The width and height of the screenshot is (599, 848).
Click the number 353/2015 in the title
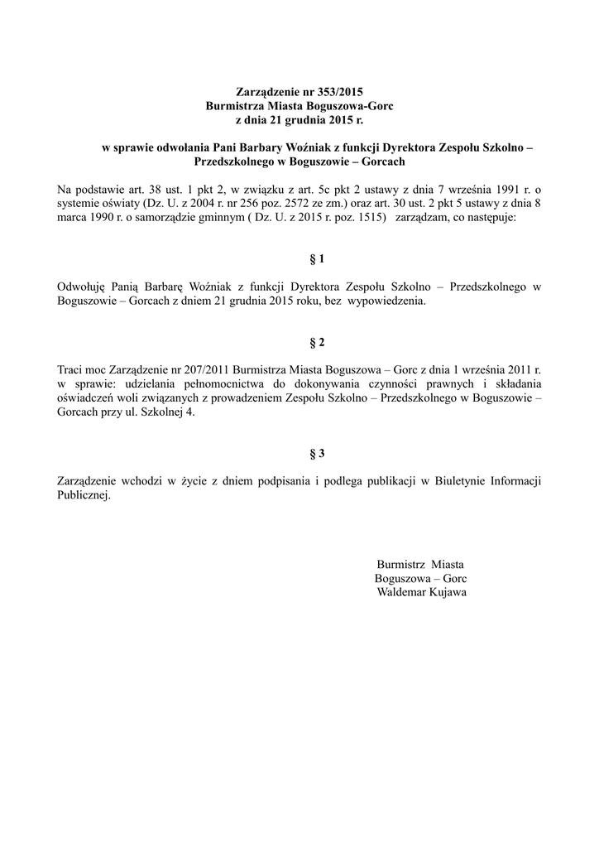coord(340,91)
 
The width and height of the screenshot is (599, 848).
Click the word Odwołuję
coord(79,287)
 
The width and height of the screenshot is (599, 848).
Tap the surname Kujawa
coord(448,593)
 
